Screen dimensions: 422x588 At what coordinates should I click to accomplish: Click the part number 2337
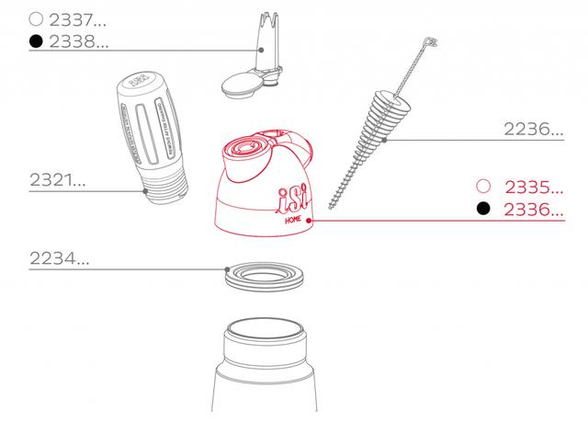pyautogui.click(x=75, y=18)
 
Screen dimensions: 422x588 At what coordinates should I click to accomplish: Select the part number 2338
pyautogui.click(x=75, y=41)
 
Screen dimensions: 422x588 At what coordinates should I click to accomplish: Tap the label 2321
pyautogui.click(x=57, y=181)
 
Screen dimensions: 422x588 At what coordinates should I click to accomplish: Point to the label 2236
pyautogui.click(x=534, y=129)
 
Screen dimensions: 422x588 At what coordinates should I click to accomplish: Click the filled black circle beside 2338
pyautogui.click(x=36, y=41)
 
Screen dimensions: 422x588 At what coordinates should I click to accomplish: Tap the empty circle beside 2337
pyautogui.click(x=36, y=18)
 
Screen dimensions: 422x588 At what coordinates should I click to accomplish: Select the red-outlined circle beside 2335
pyautogui.click(x=482, y=185)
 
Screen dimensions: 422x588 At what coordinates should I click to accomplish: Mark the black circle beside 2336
pyautogui.click(x=482, y=210)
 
